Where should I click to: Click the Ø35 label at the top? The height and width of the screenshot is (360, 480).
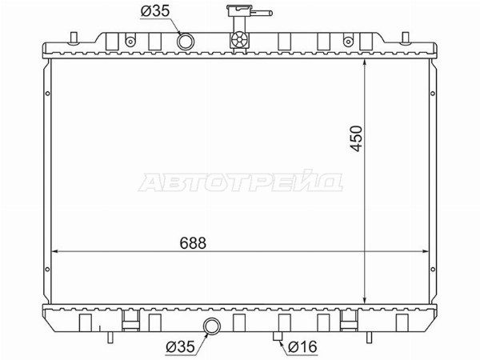(155, 11)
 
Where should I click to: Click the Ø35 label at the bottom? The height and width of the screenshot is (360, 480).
(180, 347)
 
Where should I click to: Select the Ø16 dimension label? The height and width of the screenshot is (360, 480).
(303, 346)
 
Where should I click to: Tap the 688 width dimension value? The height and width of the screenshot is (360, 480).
(193, 243)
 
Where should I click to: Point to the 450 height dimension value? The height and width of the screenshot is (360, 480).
(356, 138)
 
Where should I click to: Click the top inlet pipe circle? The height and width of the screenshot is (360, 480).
(185, 42)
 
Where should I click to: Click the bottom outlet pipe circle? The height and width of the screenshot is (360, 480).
(211, 326)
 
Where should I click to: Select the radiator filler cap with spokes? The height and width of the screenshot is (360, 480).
(239, 40)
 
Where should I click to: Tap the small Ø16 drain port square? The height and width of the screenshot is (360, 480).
(278, 336)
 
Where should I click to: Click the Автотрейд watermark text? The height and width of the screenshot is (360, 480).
(241, 181)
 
